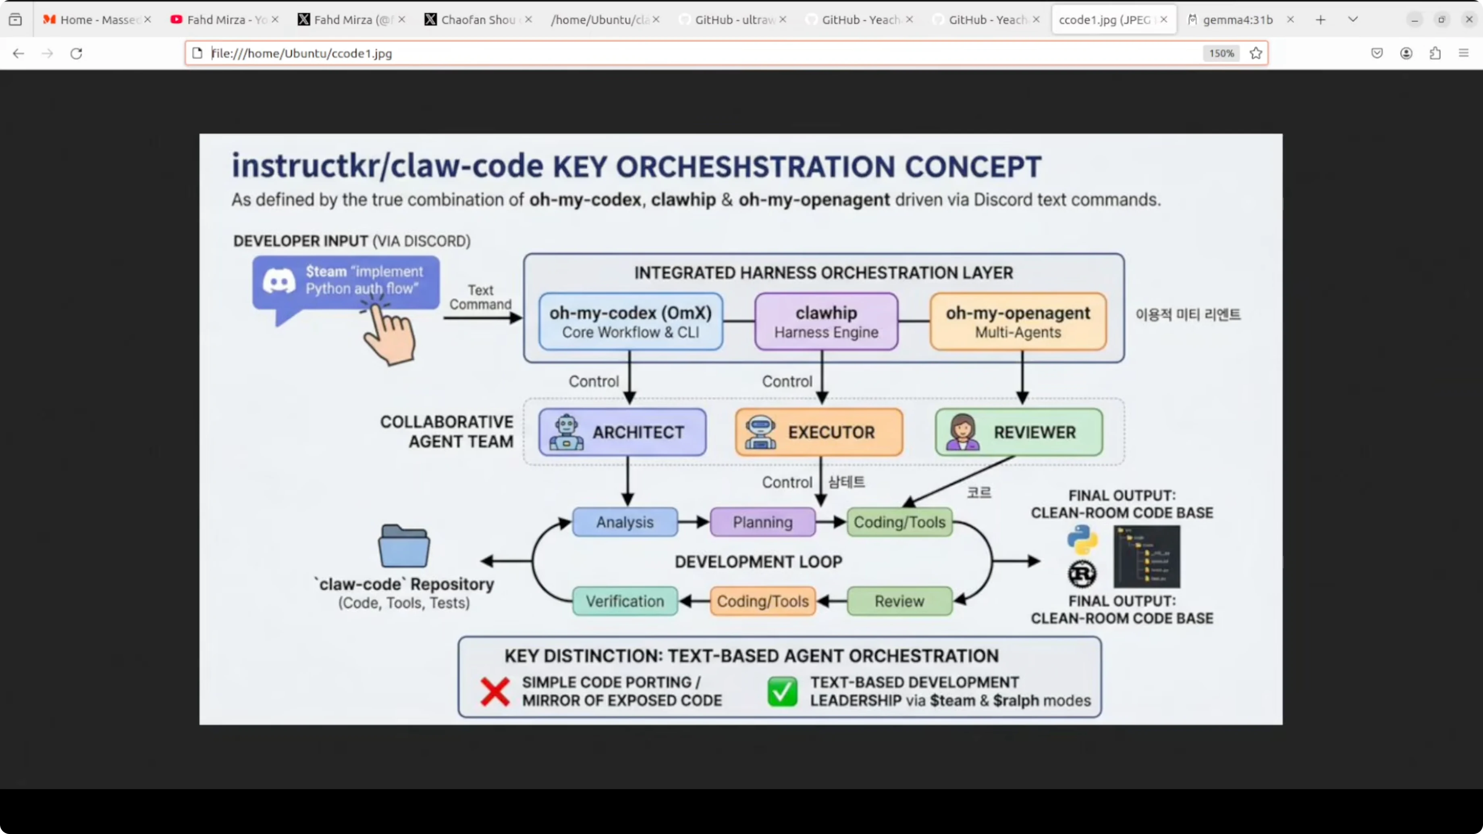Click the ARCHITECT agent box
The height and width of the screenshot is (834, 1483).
(622, 432)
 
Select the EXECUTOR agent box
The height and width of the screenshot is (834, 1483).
(818, 432)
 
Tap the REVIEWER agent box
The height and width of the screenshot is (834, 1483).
(1018, 432)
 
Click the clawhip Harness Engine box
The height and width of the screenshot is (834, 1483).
(826, 322)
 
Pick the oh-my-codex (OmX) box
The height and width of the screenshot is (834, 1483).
(630, 322)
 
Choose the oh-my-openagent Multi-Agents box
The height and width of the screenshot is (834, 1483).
(1018, 322)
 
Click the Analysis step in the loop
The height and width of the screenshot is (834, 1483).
(625, 522)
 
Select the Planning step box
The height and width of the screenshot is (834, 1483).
(762, 522)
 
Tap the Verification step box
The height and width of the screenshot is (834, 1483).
(625, 601)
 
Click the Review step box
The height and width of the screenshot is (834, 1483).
(899, 601)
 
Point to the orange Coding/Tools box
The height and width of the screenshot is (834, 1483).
(762, 601)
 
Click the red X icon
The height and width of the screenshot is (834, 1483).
(494, 691)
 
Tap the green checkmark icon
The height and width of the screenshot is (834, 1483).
(782, 691)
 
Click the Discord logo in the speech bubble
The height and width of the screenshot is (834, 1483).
(279, 282)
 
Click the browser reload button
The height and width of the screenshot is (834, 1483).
(76, 54)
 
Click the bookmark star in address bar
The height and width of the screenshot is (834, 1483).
(1256, 54)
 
